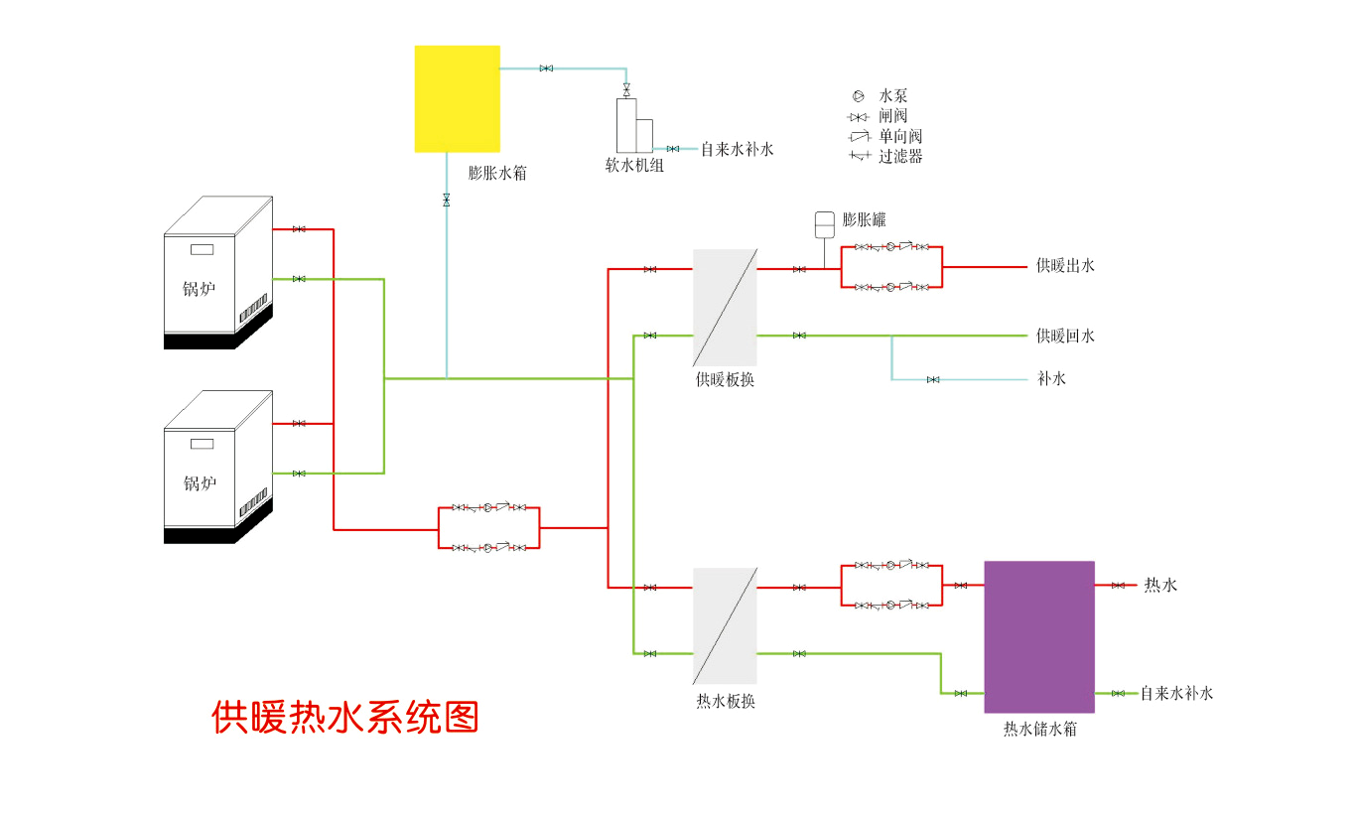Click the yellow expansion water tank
[x=458, y=98]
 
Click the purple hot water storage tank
[x=1039, y=636]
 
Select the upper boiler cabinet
[x=218, y=273]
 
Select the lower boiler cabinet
[x=218, y=467]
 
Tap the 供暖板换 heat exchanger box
[x=725, y=308]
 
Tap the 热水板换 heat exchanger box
[x=725, y=626]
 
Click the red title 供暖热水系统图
[x=345, y=718]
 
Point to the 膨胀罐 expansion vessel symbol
[x=825, y=224]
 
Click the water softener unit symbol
[x=634, y=125]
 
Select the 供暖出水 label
[x=1065, y=266]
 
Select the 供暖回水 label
[x=1065, y=337]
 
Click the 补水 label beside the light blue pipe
[x=1051, y=379]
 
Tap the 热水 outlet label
[x=1160, y=585]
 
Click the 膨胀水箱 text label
[x=497, y=173]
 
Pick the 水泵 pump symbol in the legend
[x=858, y=95]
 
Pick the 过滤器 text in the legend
[x=900, y=157]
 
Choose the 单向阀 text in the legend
[x=900, y=136]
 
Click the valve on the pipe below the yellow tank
[x=447, y=200]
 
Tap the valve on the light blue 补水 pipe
[x=933, y=380]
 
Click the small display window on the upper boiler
[x=202, y=249]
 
